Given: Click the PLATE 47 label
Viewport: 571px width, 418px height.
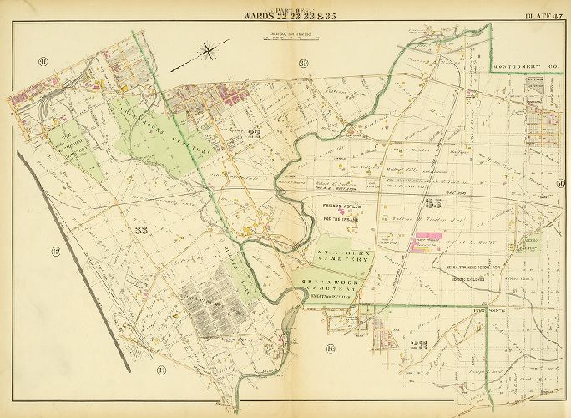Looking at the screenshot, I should coord(543,14).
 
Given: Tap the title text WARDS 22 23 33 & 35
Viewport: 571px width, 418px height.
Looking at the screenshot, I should coord(284,14).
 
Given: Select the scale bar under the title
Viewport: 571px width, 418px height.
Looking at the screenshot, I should coord(284,37).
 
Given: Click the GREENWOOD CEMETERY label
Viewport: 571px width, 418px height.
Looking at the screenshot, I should coord(330,284).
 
